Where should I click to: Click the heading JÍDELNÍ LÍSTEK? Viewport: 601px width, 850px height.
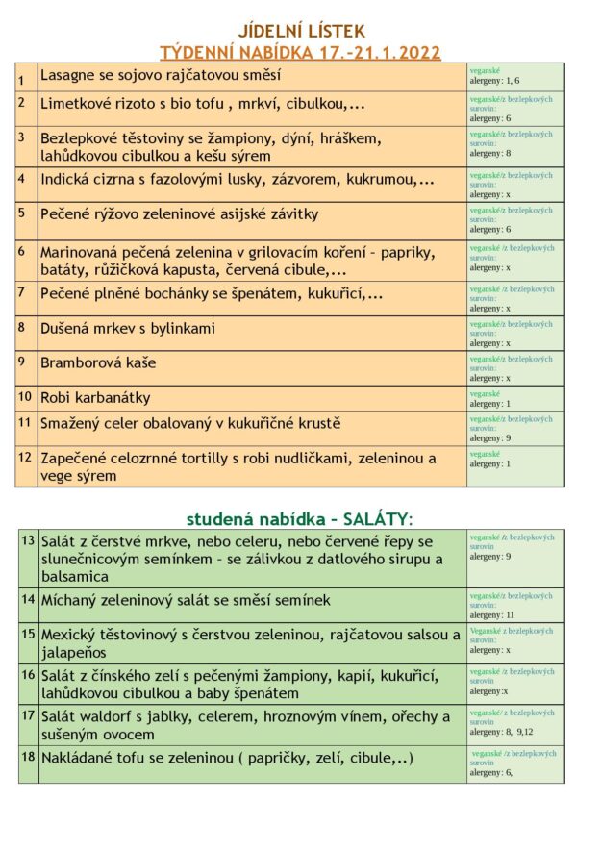pos(300,32)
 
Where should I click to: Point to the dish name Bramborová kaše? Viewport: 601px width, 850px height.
pos(98,362)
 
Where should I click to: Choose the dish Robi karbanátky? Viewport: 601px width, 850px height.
pos(95,397)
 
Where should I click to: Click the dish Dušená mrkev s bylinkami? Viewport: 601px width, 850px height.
pos(128,328)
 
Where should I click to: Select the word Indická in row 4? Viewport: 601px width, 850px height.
pos(67,179)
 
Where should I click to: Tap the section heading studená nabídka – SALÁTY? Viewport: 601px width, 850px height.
pos(299,519)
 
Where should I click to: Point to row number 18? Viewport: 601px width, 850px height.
pos(27,757)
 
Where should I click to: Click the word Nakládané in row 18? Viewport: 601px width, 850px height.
pos(80,758)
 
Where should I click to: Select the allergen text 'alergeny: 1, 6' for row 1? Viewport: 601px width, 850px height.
pos(493,82)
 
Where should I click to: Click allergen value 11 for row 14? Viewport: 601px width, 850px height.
pos(511,614)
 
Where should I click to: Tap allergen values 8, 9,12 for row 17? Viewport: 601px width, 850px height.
pos(519,731)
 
